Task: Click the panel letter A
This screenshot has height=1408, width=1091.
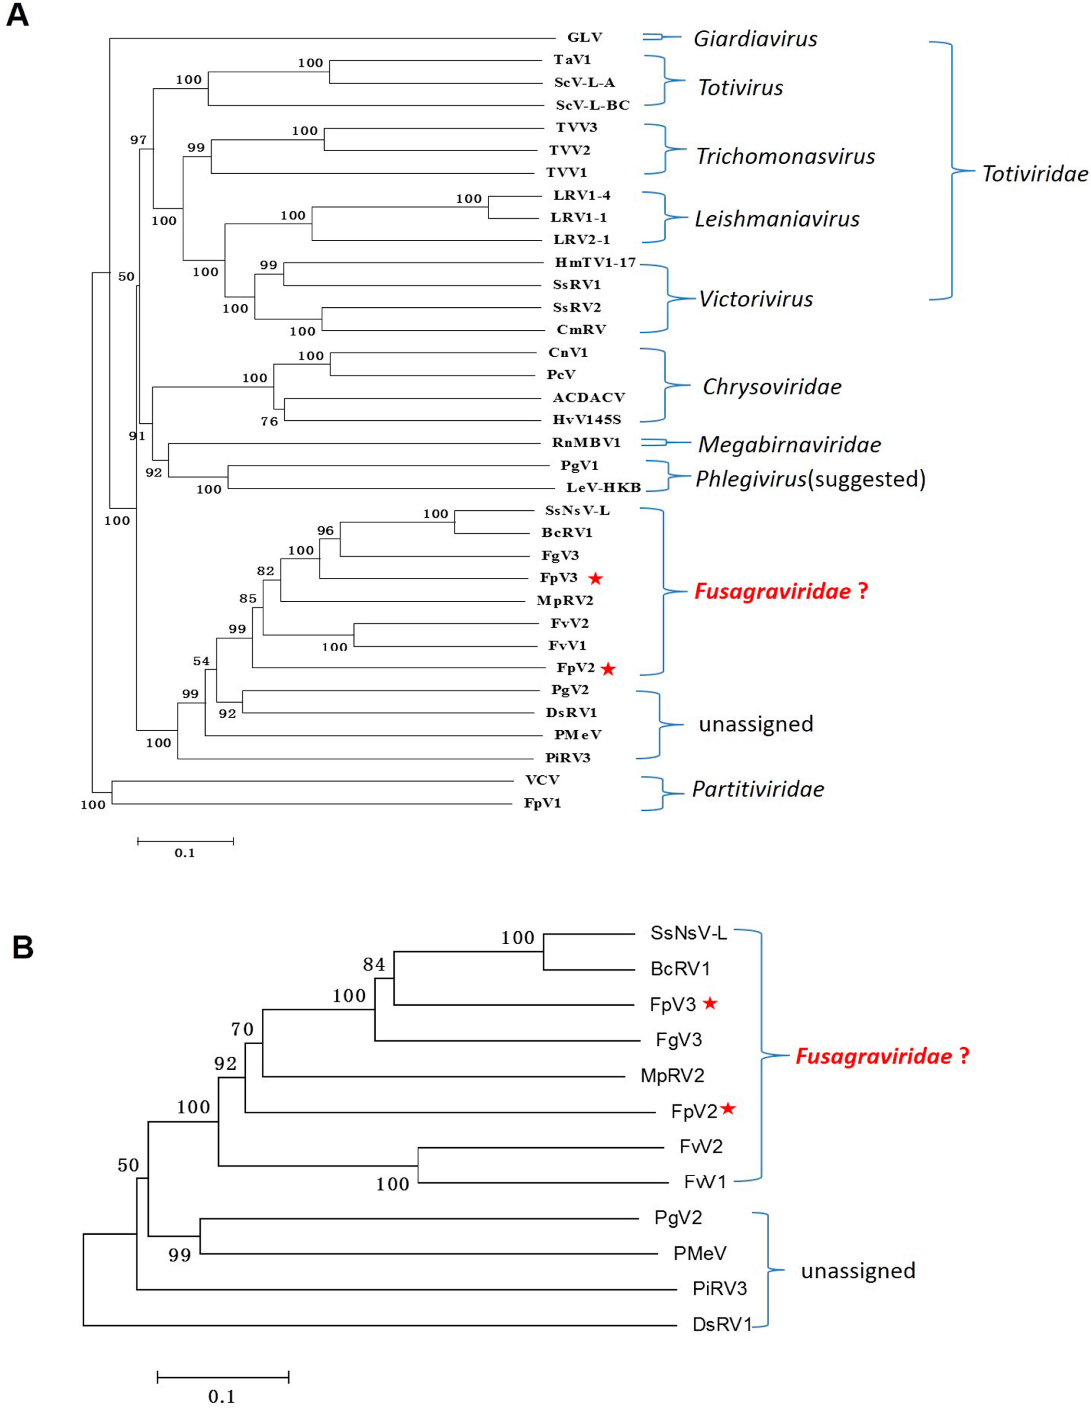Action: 17,14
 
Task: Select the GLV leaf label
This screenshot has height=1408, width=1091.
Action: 585,38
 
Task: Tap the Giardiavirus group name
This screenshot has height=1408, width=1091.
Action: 755,39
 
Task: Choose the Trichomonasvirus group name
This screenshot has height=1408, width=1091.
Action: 785,156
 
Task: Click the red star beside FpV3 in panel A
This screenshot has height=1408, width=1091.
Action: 595,578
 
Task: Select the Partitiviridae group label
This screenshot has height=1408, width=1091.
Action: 758,789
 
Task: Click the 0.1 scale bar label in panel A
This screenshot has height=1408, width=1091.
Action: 184,853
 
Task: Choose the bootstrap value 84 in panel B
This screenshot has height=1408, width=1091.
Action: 374,965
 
